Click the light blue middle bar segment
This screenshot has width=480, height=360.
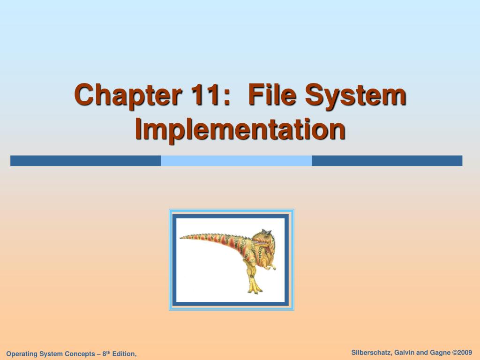(x=236, y=161)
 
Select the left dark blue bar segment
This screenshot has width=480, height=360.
(x=85, y=161)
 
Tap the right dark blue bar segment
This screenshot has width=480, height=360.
(x=387, y=161)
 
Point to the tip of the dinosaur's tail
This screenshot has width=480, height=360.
(x=181, y=238)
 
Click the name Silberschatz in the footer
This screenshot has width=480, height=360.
(x=372, y=352)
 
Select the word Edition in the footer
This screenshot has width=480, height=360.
(x=124, y=354)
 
